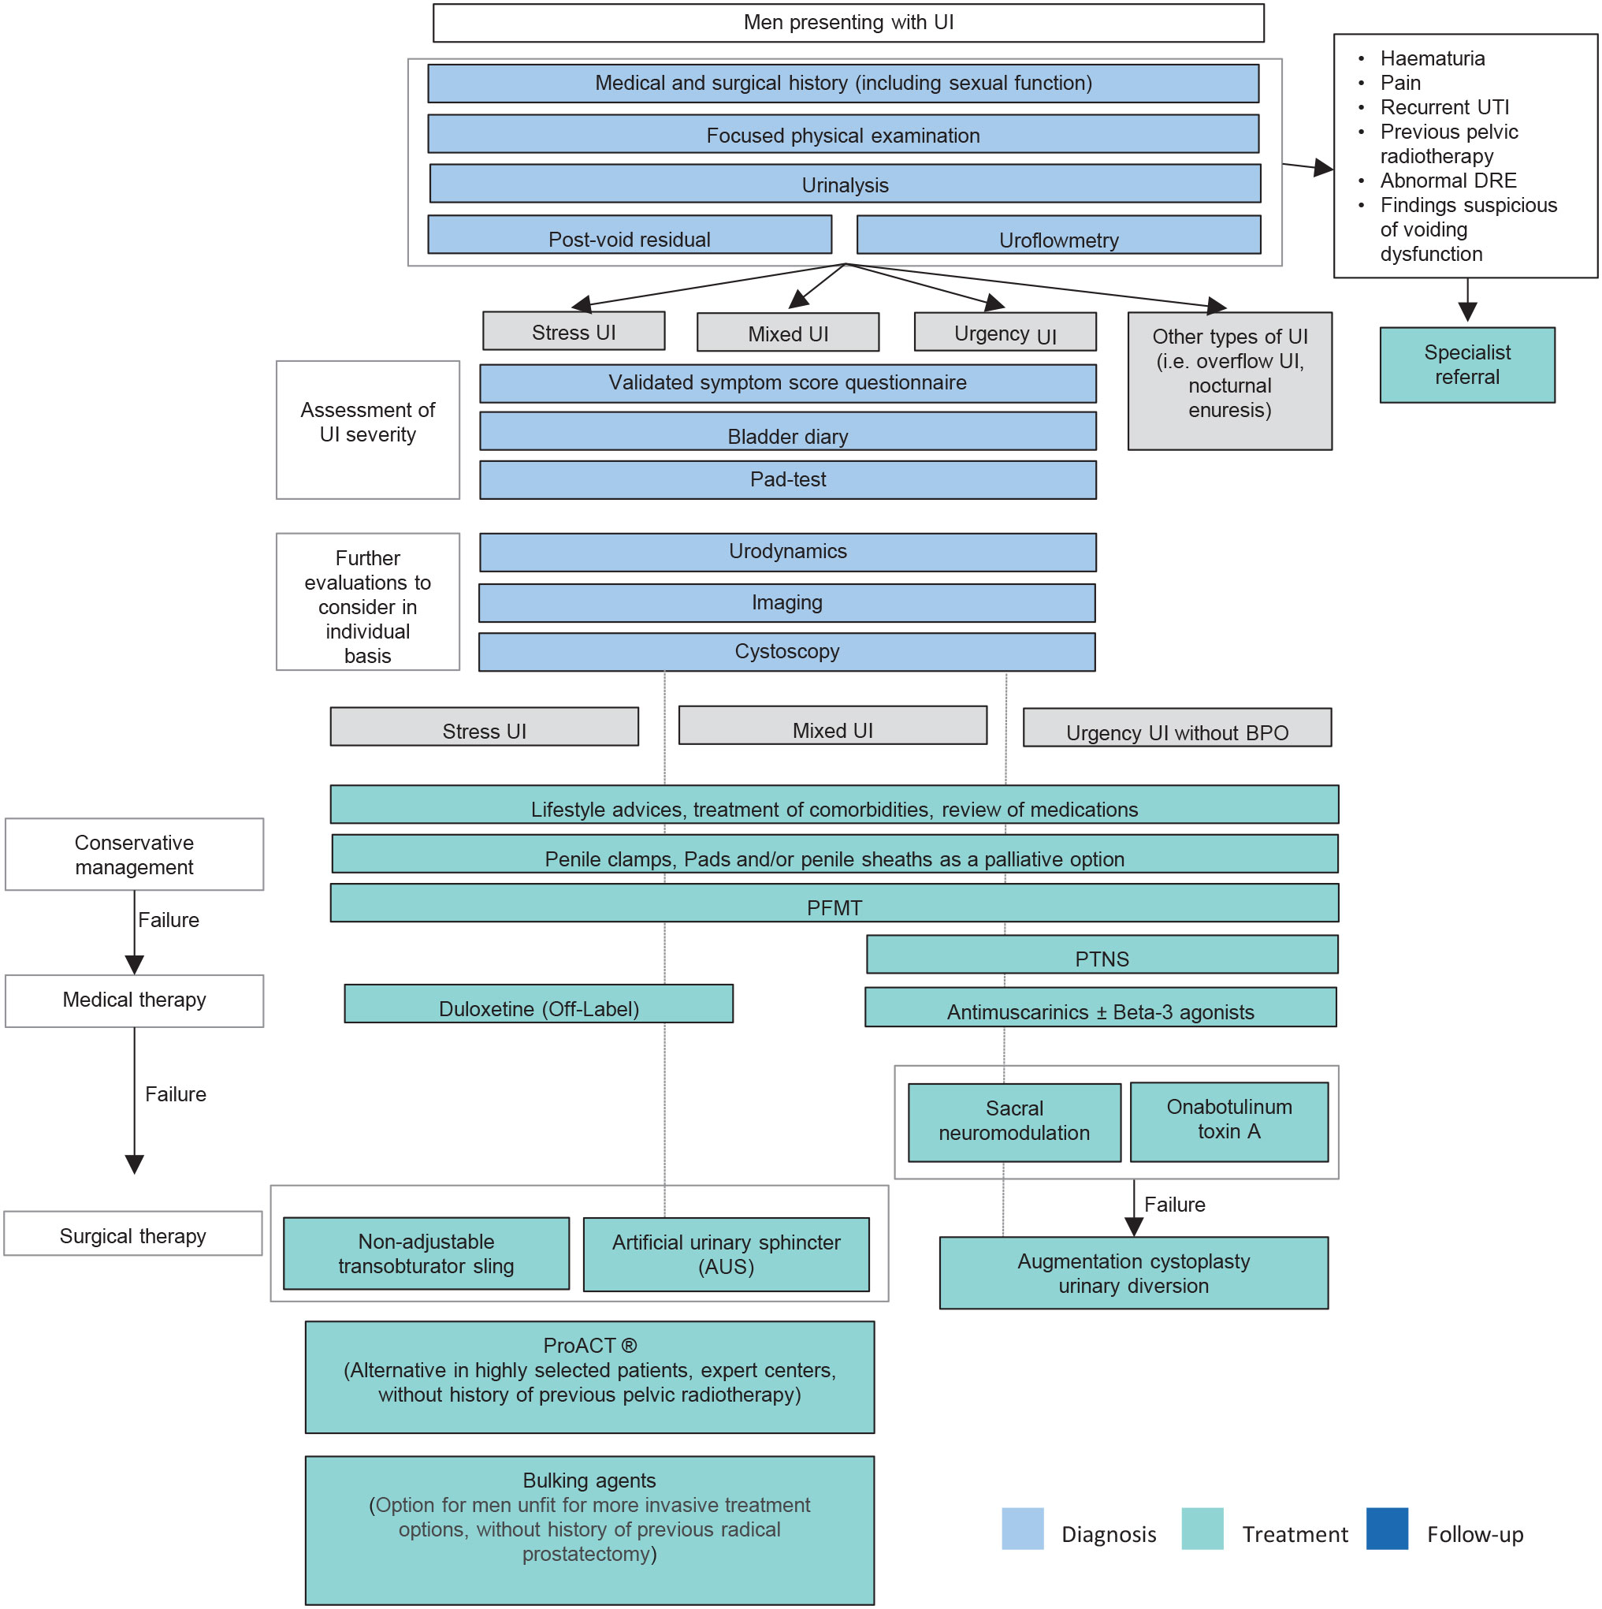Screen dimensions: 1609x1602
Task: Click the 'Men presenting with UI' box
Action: [x=848, y=23]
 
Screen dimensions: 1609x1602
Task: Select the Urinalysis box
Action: [x=844, y=183]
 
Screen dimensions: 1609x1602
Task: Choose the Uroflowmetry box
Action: [x=1057, y=235]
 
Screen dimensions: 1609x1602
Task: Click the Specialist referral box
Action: [x=1466, y=365]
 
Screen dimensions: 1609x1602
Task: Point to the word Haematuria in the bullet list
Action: [x=1431, y=58]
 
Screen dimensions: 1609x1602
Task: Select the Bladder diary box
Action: [x=787, y=431]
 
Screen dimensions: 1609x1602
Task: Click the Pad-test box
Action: [x=787, y=479]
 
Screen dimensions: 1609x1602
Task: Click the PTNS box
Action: [x=1101, y=955]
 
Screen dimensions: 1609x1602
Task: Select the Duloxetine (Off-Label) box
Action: [x=538, y=1004]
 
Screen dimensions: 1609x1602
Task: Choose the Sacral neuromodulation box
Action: [x=1013, y=1122]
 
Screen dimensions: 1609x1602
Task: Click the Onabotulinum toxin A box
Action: [x=1228, y=1121]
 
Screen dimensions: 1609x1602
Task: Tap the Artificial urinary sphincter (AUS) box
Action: [x=725, y=1254]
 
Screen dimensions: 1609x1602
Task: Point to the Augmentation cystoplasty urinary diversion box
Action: [x=1132, y=1272]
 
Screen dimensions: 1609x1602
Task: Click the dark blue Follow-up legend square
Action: [x=1386, y=1529]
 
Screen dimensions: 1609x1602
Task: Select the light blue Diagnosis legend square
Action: [x=1022, y=1529]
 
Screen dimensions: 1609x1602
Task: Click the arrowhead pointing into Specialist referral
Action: [x=1466, y=311]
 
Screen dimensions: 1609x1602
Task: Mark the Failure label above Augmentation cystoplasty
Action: [x=1174, y=1205]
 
